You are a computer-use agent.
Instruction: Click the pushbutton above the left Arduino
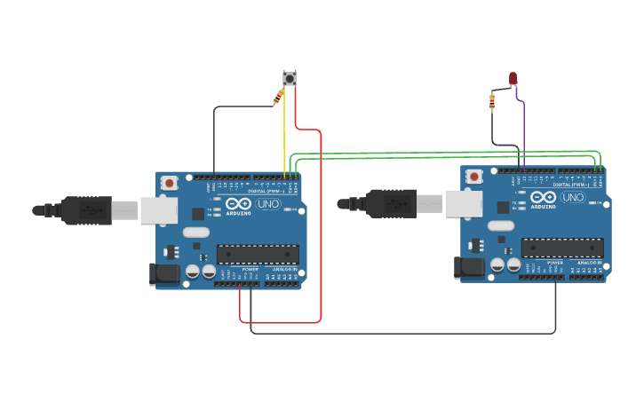click(x=290, y=78)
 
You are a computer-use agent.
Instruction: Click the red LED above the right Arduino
click(x=513, y=79)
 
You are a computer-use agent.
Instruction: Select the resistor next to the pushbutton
click(x=277, y=99)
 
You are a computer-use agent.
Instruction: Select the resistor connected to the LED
click(x=492, y=102)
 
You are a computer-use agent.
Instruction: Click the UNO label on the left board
click(x=267, y=204)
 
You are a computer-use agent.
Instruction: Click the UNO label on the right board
click(x=573, y=197)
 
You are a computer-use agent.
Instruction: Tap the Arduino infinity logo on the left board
click(x=238, y=203)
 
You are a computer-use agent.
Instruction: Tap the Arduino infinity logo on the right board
click(x=544, y=197)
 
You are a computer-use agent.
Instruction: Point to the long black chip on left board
click(x=258, y=254)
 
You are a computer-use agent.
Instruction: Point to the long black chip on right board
click(x=562, y=248)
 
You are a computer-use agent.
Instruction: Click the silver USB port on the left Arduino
click(x=159, y=210)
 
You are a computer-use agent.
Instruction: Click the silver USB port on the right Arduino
click(x=464, y=204)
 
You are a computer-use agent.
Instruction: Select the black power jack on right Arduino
click(x=468, y=268)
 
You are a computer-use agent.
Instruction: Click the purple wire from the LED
click(x=523, y=129)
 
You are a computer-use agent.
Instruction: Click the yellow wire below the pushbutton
click(x=284, y=133)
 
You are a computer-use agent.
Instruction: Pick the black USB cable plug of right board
click(x=391, y=204)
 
